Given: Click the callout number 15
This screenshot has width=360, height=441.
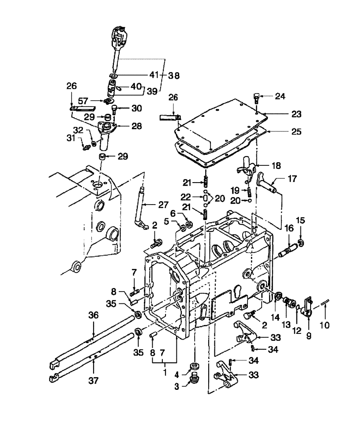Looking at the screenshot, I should tap(300, 232).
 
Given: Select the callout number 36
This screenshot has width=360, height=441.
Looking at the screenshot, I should tap(93, 315).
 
